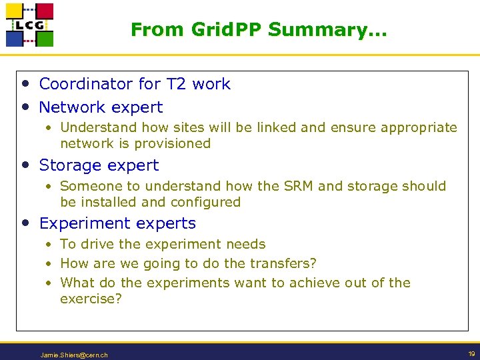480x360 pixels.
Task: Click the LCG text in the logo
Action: [x=29, y=25]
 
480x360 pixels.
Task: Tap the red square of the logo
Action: [x=44, y=11]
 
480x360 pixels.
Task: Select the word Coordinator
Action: [x=86, y=84]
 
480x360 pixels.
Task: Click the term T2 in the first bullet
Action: [x=176, y=84]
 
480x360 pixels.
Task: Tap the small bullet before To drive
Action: [x=49, y=245]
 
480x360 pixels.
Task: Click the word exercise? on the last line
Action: [x=91, y=299]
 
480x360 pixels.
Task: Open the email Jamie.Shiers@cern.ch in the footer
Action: [x=73, y=355]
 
